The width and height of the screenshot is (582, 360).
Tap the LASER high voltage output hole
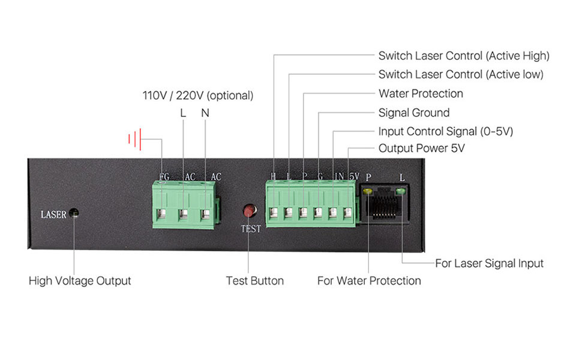point(74,213)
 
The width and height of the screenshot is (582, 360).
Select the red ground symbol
point(134,140)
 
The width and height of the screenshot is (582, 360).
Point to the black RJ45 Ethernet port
point(384,205)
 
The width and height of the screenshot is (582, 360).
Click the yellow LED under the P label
point(367,191)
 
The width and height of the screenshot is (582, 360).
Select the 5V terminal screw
point(349,212)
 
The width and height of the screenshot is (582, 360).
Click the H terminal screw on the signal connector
point(274,212)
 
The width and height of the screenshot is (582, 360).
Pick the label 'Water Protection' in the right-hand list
point(421,94)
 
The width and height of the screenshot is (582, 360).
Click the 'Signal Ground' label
point(413,113)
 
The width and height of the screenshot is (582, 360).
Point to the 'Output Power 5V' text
point(422,148)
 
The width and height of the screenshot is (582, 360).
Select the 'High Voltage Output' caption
point(80,281)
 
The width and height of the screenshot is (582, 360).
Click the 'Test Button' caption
point(254,281)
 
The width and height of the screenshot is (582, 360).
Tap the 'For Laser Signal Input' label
point(489,263)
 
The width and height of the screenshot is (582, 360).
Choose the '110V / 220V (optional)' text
point(197,95)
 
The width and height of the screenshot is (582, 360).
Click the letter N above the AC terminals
point(205,113)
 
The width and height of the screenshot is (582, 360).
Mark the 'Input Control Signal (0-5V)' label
point(445,131)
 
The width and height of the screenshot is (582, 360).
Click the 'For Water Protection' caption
point(369,281)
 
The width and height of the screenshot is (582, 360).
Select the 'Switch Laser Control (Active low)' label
point(460,75)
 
